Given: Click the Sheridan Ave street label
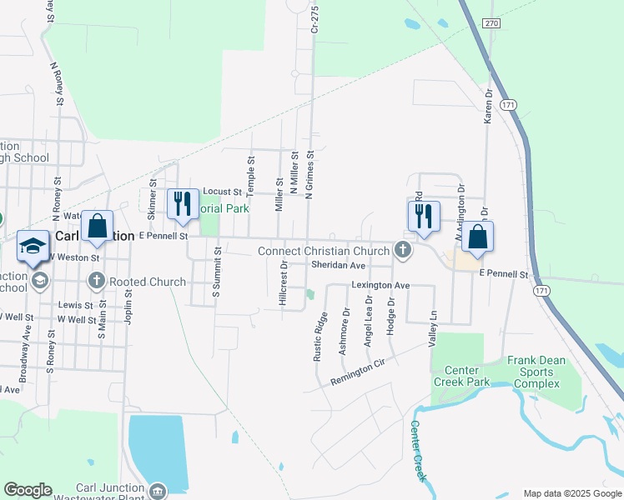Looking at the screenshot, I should (x=338, y=265).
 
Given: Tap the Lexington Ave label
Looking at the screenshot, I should (x=380, y=285).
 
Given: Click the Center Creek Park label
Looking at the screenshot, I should (x=460, y=376).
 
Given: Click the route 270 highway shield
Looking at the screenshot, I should (x=491, y=23).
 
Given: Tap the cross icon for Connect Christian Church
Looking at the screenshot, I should (x=403, y=249).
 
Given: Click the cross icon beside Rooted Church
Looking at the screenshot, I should (x=97, y=281).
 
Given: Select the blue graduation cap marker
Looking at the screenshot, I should (x=33, y=246).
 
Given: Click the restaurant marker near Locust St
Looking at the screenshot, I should (x=181, y=205).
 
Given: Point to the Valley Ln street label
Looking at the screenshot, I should (x=432, y=330).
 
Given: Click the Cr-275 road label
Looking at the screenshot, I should (x=315, y=17).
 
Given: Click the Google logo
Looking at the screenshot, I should (x=28, y=490).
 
